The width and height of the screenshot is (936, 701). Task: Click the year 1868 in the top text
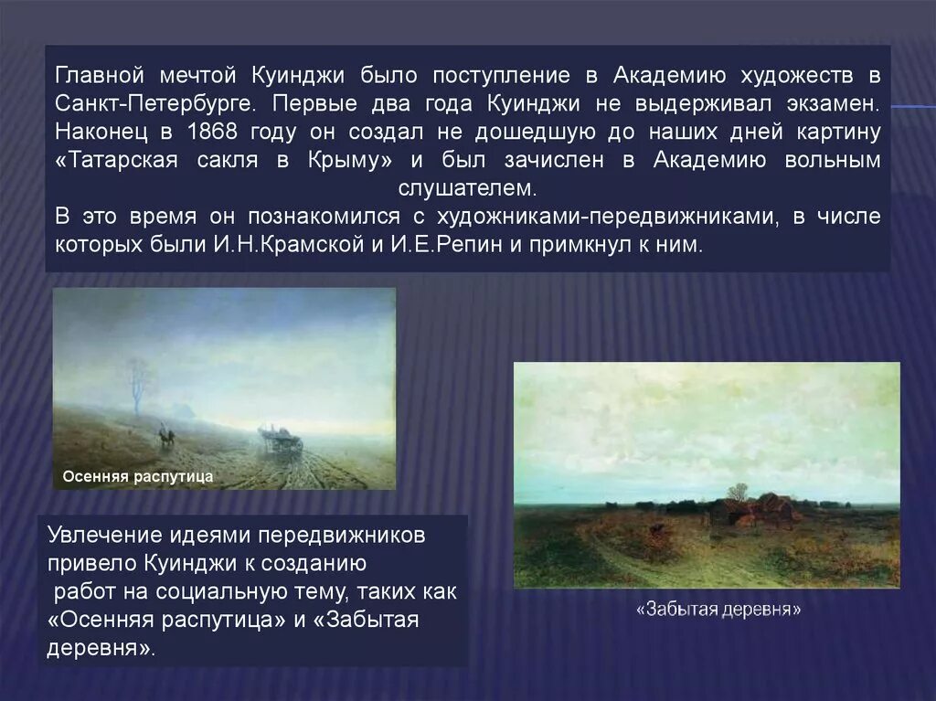(x=211, y=132)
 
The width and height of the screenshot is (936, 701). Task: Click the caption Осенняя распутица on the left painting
(x=137, y=476)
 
